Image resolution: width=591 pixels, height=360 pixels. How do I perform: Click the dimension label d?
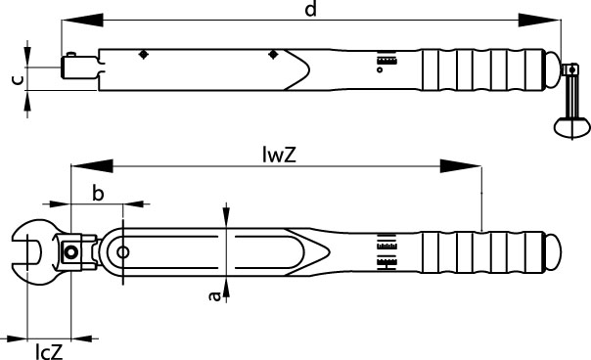[310, 9]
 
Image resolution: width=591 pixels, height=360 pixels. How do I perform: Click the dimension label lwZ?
[279, 155]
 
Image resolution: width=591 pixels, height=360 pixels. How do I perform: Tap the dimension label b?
[98, 194]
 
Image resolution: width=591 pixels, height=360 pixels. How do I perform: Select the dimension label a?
[215, 295]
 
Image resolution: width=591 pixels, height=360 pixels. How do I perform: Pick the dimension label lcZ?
[49, 352]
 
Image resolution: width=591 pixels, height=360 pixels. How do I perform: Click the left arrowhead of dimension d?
[82, 20]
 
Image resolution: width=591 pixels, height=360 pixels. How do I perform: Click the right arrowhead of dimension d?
[539, 20]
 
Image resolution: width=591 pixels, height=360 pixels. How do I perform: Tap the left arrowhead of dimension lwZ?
[92, 166]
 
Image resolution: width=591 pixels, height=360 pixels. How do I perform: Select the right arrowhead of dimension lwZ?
[460, 166]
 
